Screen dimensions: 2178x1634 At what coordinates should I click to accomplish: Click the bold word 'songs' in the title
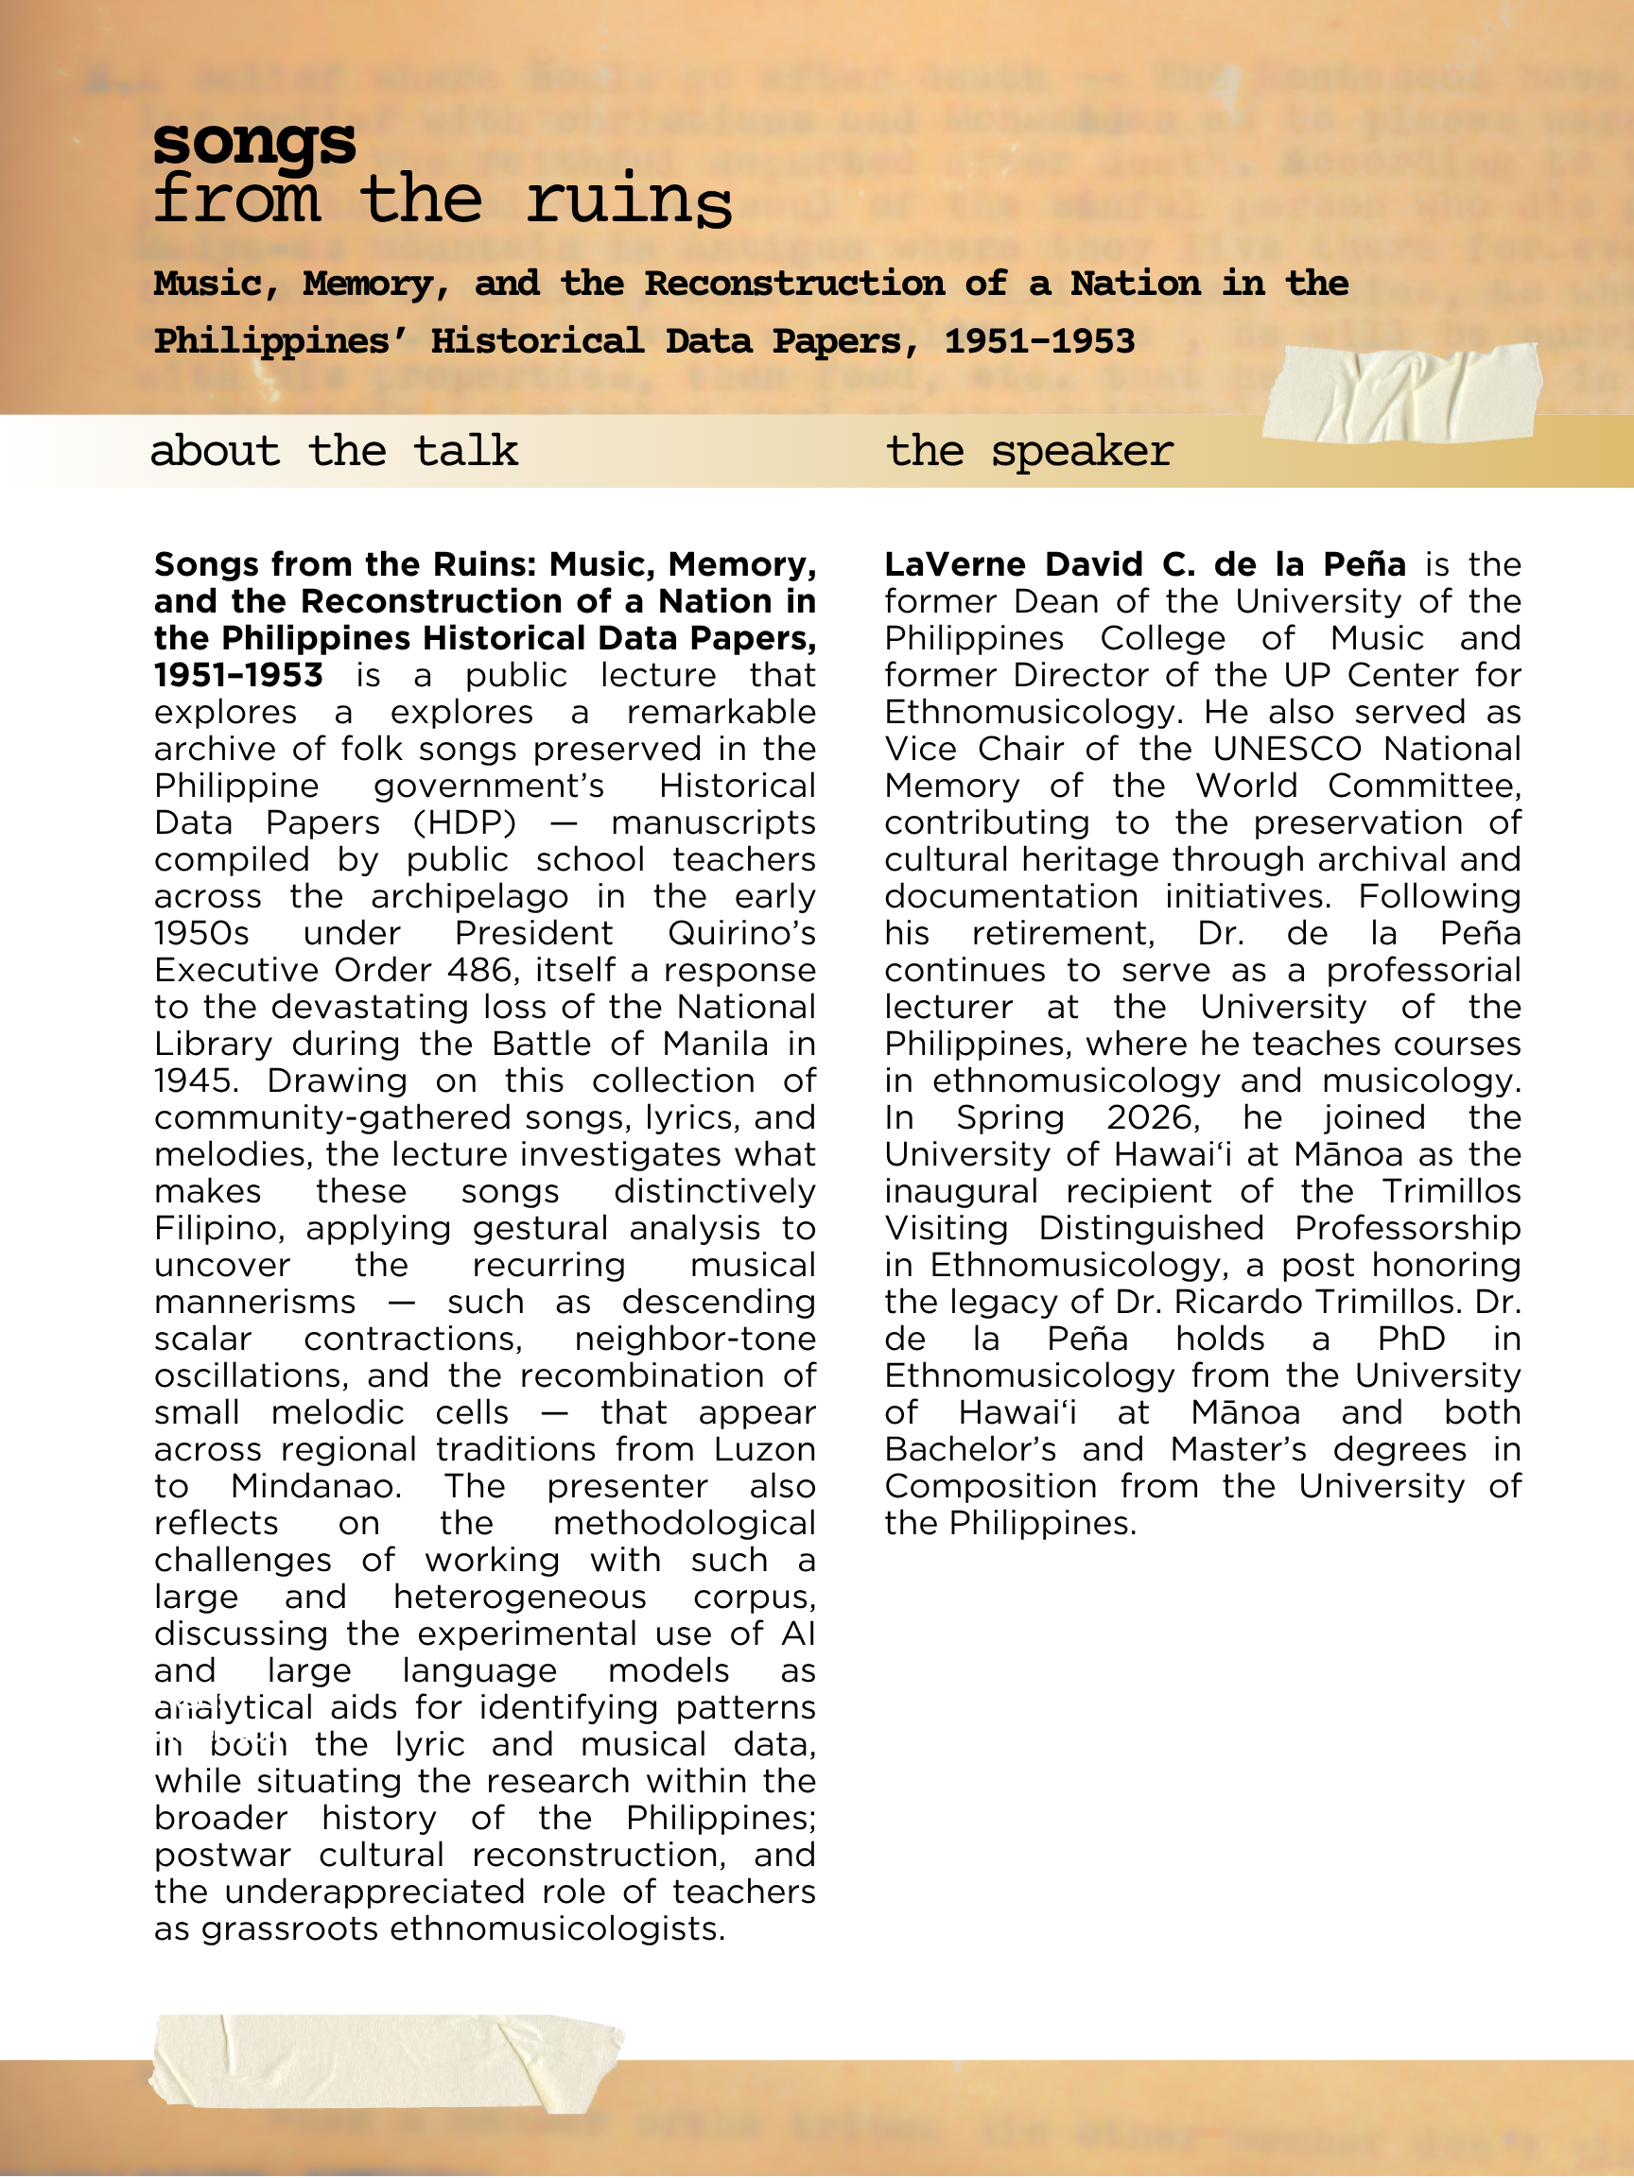254,141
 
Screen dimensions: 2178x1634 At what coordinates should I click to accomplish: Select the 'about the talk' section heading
334,451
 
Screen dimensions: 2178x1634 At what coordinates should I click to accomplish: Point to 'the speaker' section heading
1029,451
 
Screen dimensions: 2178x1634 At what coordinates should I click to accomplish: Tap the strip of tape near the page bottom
386,2062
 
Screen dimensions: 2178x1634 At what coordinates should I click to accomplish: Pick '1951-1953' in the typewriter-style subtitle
1039,340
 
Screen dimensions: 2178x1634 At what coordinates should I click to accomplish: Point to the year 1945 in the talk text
196,1080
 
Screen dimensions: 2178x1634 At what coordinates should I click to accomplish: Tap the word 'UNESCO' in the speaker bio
1287,749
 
